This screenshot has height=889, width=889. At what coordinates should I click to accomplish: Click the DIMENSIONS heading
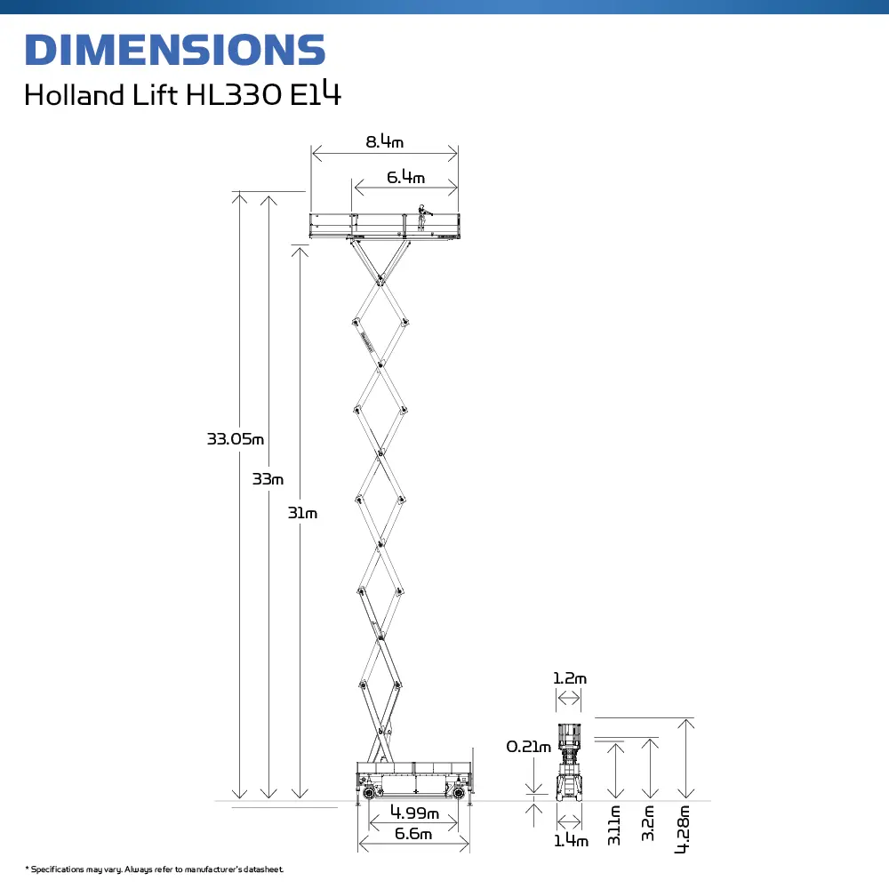pyautogui.click(x=175, y=50)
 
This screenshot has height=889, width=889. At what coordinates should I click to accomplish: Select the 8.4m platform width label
pyautogui.click(x=384, y=141)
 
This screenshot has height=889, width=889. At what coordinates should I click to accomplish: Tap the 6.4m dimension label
pyautogui.click(x=405, y=177)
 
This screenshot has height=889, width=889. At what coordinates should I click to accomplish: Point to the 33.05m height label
pyautogui.click(x=236, y=439)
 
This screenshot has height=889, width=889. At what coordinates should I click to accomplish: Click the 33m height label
pyautogui.click(x=268, y=479)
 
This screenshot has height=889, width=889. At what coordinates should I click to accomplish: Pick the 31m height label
pyautogui.click(x=302, y=513)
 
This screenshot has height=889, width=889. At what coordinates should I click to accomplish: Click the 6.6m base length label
pyautogui.click(x=413, y=834)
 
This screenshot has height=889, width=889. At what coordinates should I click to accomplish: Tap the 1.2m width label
pyautogui.click(x=570, y=678)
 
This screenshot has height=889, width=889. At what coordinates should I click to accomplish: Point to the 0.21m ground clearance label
pyautogui.click(x=528, y=747)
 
